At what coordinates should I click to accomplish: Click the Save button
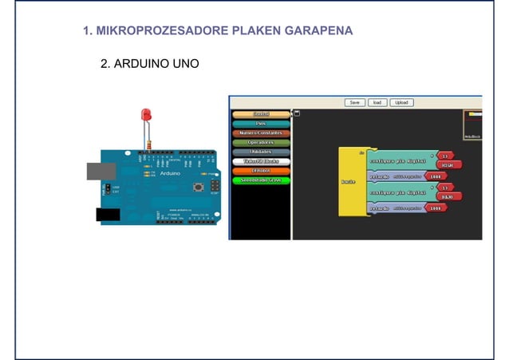click(355, 102)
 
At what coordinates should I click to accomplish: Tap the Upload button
click(401, 102)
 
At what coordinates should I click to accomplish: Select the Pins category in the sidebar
click(261, 124)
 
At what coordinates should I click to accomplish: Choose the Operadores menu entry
click(261, 142)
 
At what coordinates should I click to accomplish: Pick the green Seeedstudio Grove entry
click(261, 180)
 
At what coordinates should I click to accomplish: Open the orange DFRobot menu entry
click(261, 171)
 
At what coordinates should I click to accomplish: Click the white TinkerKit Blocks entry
click(261, 161)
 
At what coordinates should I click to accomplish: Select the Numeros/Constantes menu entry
click(261, 133)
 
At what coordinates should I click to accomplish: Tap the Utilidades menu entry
click(261, 152)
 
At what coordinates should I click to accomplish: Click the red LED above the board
click(145, 114)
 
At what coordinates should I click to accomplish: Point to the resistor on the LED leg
click(148, 144)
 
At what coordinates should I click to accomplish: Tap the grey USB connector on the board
click(101, 170)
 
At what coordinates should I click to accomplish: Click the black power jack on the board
click(108, 214)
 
